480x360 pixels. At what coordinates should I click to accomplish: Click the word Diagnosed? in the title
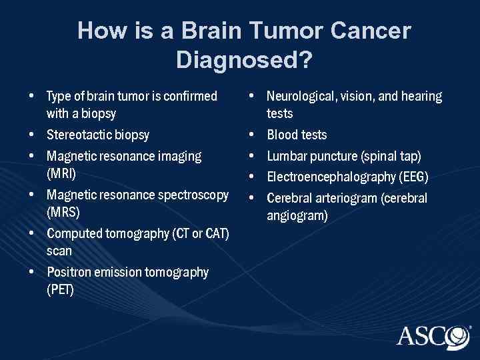[x=244, y=60]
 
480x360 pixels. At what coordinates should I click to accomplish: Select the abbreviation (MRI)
[x=61, y=173]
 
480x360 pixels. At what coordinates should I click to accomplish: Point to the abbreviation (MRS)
[x=63, y=212]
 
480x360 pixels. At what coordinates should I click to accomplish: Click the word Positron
[x=68, y=272]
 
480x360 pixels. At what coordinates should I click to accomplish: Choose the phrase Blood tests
[x=297, y=135]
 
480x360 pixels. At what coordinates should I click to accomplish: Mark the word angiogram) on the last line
[x=297, y=215]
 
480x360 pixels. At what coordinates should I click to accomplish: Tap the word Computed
[x=74, y=233]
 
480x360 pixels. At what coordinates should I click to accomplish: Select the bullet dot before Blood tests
[x=253, y=135]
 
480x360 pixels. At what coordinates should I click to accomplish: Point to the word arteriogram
[x=347, y=198]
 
